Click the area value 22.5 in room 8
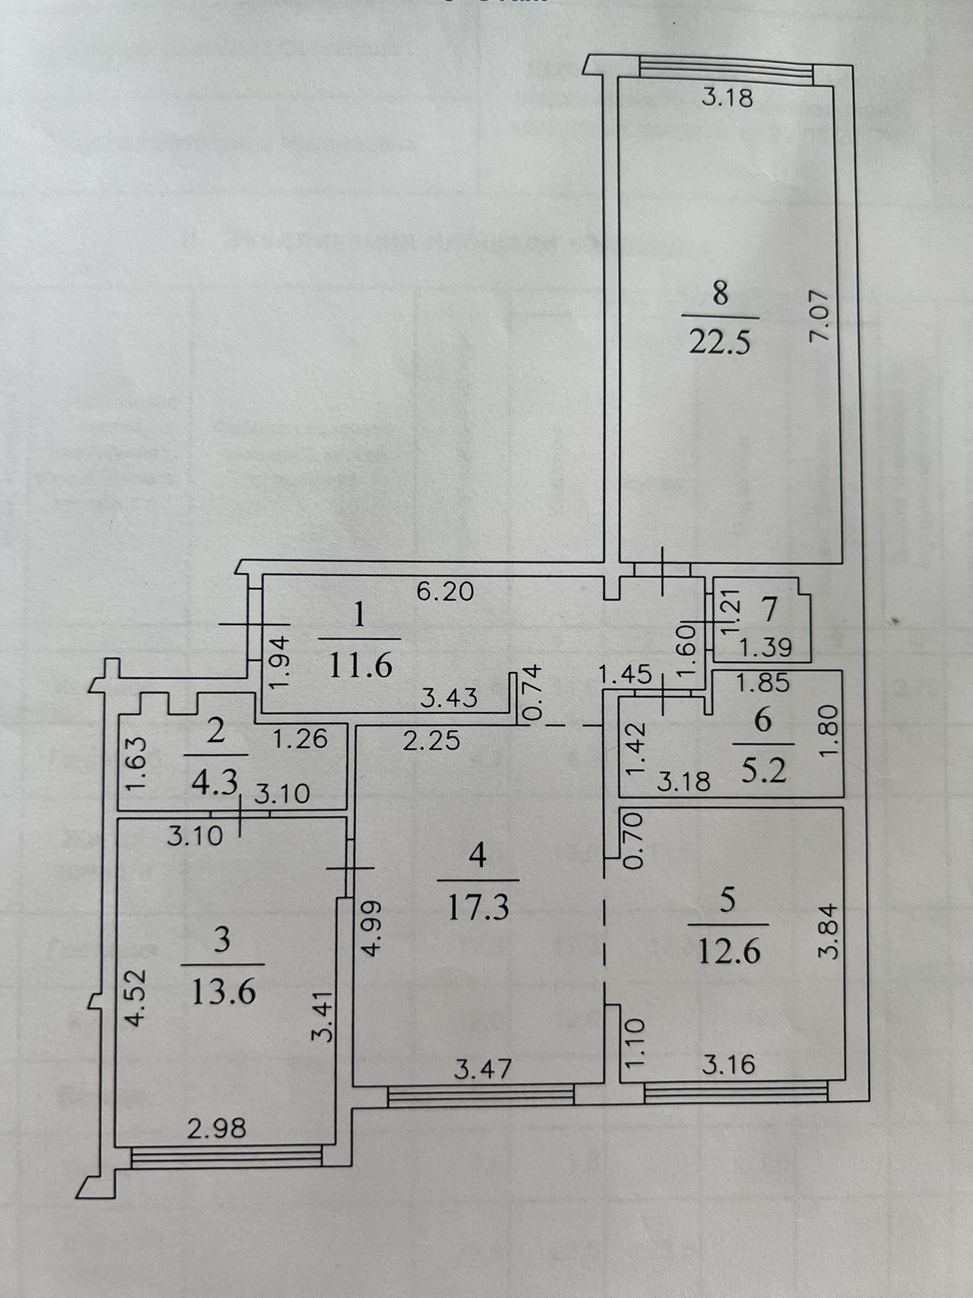point(720,343)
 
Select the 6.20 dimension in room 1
point(445,591)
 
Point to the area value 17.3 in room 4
point(478,906)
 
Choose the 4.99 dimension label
point(372,927)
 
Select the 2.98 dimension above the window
point(217,1128)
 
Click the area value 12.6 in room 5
point(728,951)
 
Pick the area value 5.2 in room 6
point(764,771)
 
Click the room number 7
point(770,610)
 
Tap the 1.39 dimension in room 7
point(766,646)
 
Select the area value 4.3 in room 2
point(214,782)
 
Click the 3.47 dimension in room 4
point(483,1068)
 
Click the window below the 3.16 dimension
point(736,1091)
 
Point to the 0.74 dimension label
point(532,693)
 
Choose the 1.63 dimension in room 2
point(135,766)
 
